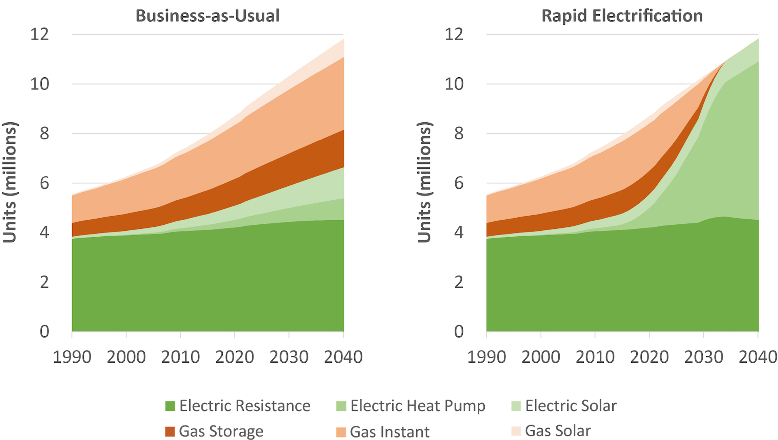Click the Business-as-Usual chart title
(207, 16)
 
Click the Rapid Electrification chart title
(622, 16)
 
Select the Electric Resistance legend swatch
(170, 406)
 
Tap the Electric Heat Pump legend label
(417, 406)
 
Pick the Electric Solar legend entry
(571, 406)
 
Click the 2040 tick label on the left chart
(343, 357)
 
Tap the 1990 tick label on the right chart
(487, 357)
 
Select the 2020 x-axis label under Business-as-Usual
(235, 357)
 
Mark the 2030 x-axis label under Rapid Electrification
(704, 357)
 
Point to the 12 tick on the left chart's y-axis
(40, 34)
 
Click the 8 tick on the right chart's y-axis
(459, 134)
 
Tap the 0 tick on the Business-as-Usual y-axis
(44, 332)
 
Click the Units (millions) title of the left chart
(10, 182)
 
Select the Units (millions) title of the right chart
(424, 182)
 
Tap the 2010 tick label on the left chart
(180, 357)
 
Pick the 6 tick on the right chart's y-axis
(459, 183)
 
